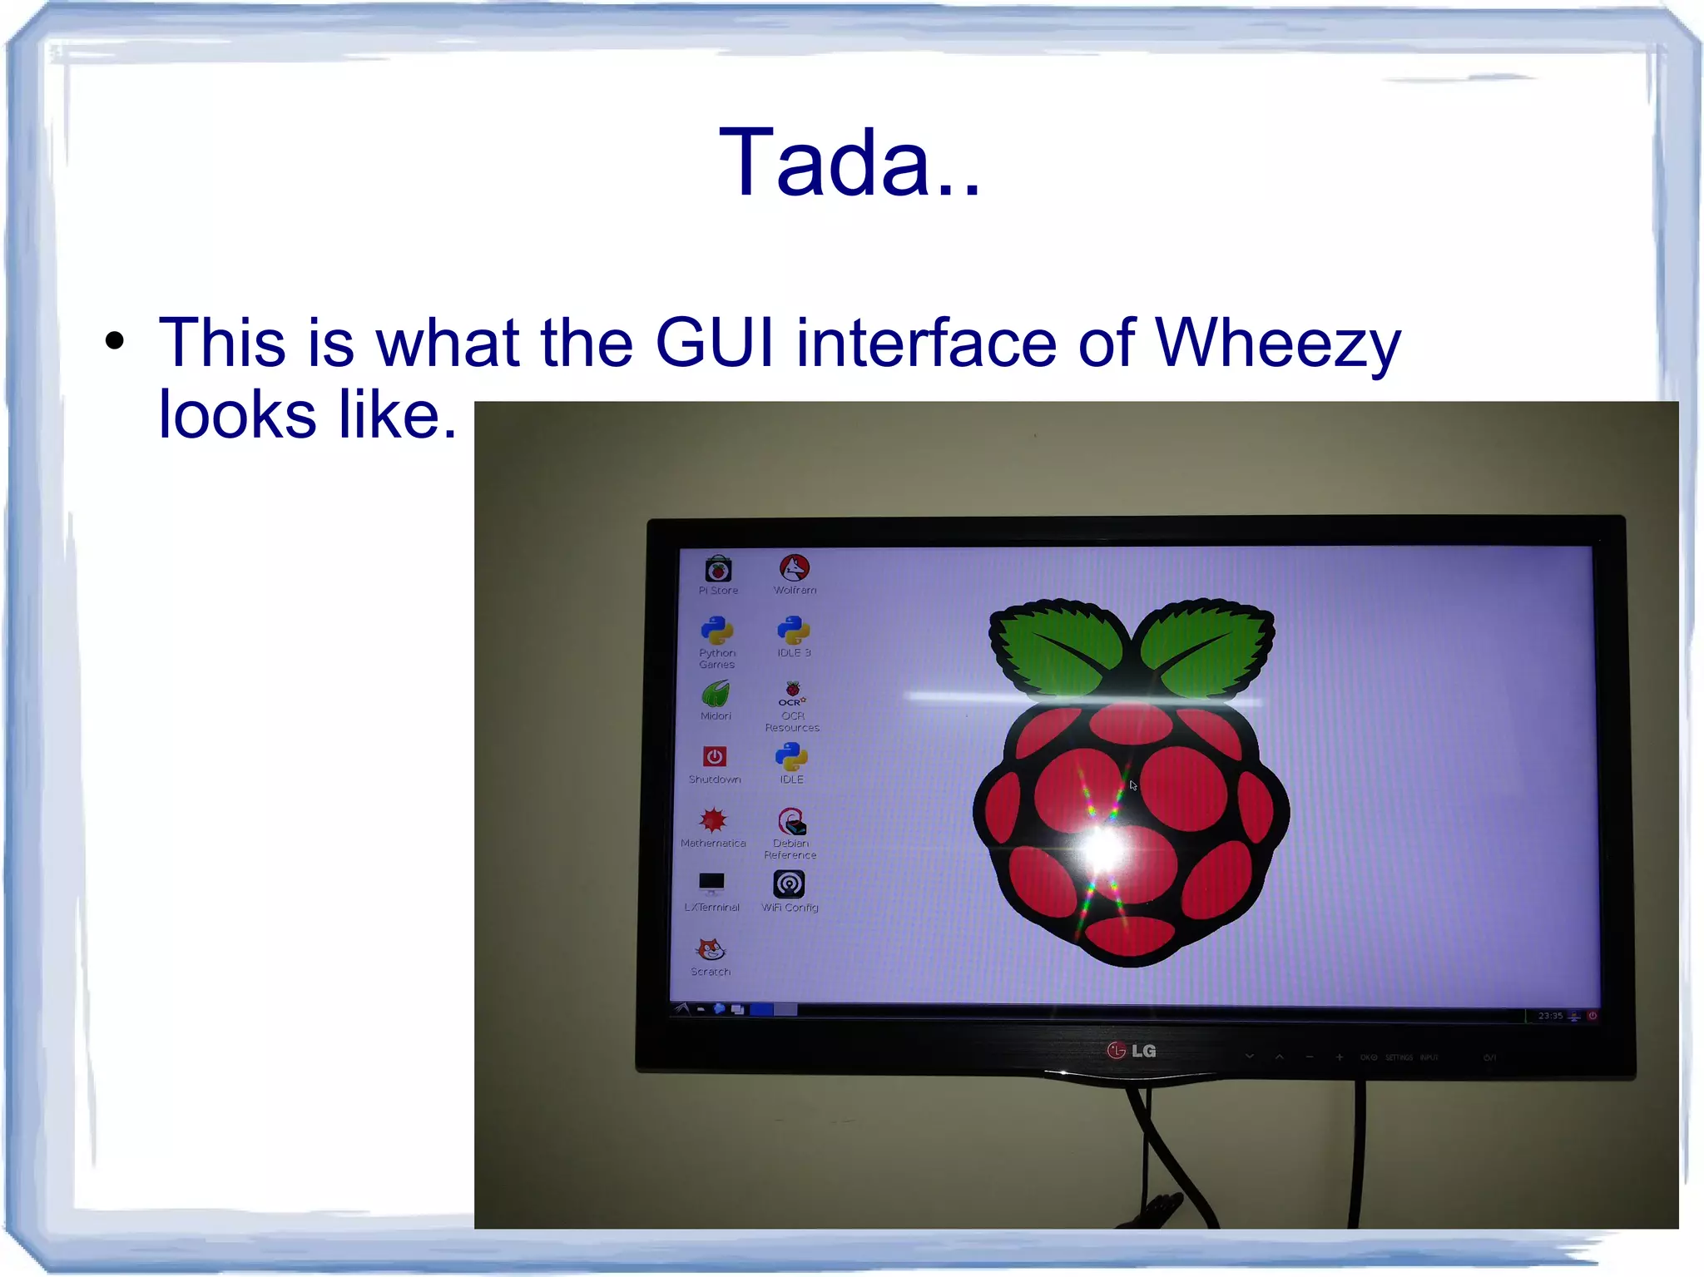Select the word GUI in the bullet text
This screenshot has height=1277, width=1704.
pos(715,343)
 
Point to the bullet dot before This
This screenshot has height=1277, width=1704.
pos(115,340)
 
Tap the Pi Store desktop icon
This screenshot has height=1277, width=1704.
pos(718,570)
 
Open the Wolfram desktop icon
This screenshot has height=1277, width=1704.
pos(795,568)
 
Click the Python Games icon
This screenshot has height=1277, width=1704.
pos(716,631)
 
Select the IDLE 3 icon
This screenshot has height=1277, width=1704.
pos(793,631)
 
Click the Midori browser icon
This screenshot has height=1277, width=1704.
pos(716,694)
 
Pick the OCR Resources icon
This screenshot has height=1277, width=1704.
pos(792,694)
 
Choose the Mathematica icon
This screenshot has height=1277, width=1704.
pos(713,821)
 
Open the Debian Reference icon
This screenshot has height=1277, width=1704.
pos(791,822)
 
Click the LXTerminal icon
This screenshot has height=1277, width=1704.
pos(711,884)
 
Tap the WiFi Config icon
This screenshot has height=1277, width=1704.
pos(789,884)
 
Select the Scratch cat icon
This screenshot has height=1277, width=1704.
pos(711,948)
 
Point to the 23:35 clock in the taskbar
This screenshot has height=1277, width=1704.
pos(1550,1016)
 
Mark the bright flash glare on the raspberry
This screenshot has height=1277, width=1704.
pos(1103,849)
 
